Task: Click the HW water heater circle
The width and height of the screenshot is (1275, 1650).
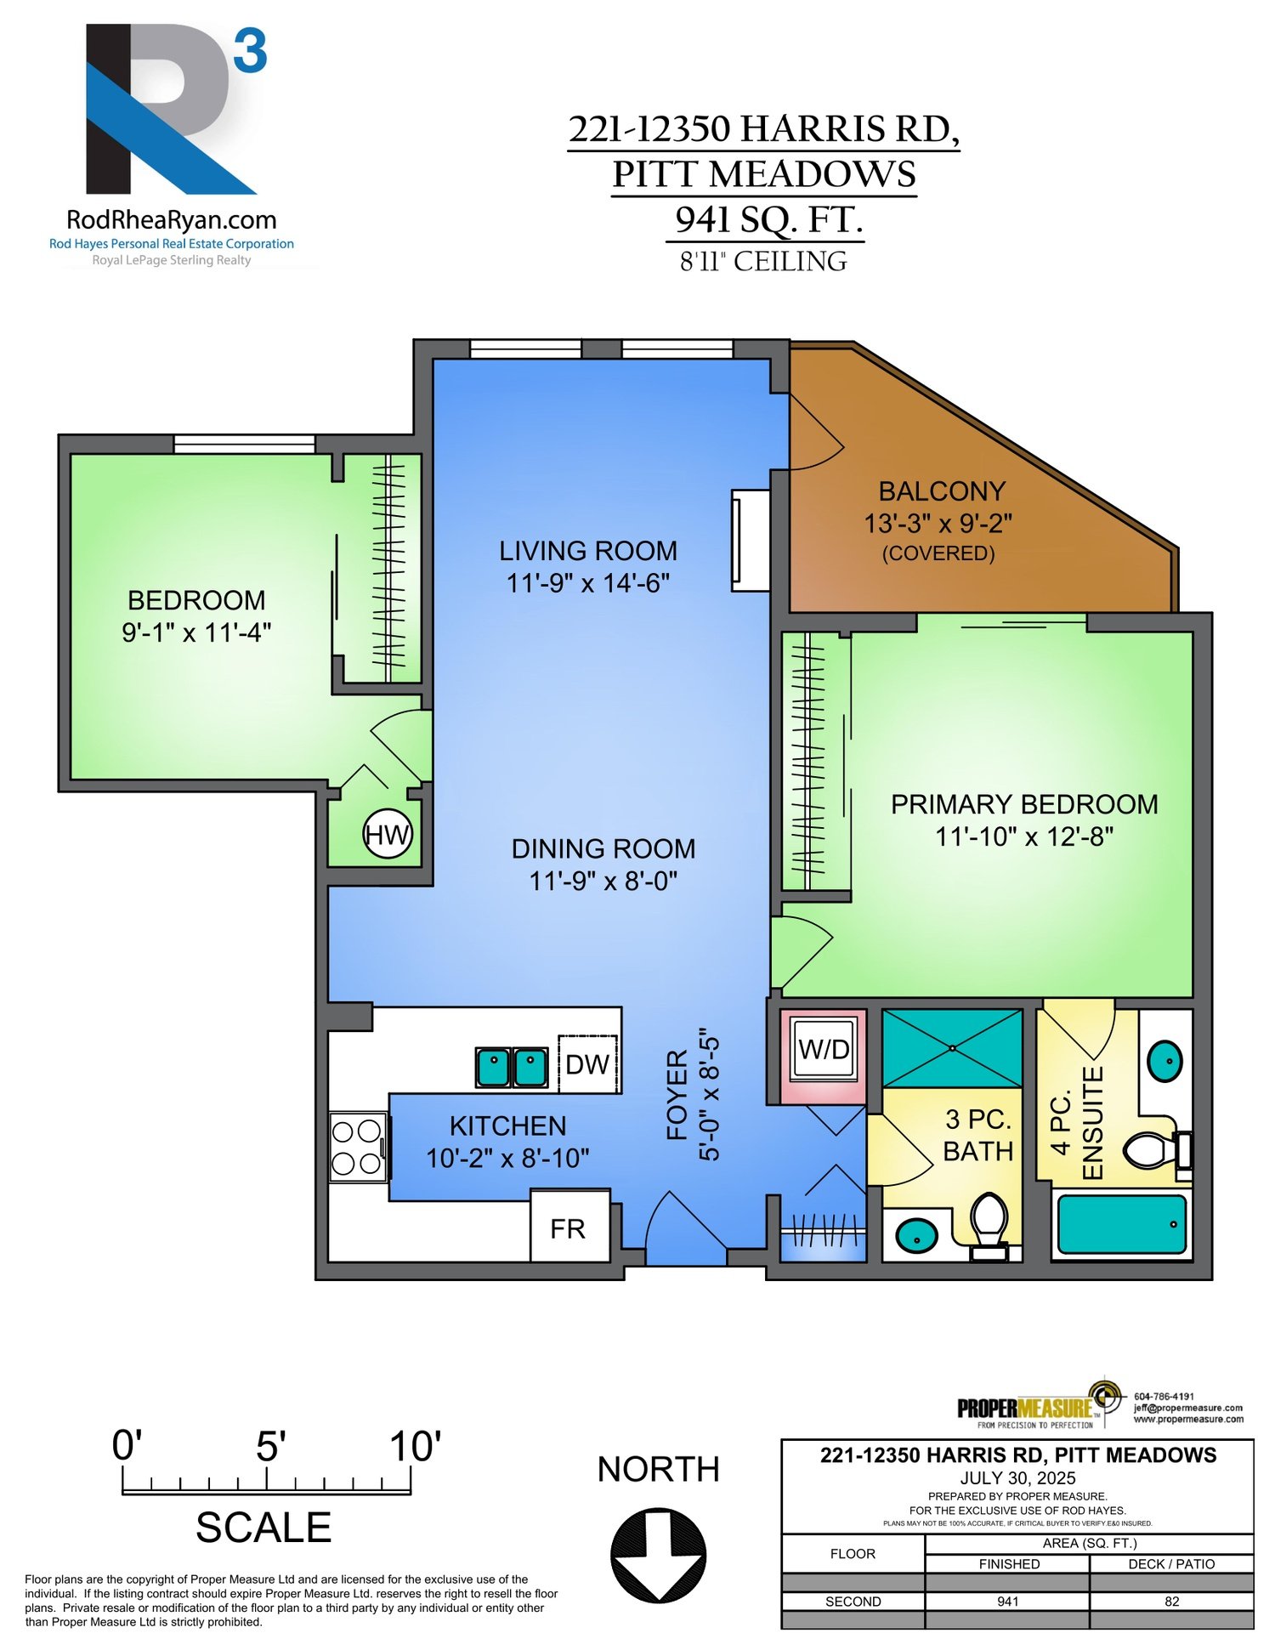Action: point(388,835)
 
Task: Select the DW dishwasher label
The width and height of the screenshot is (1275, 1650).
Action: point(587,1064)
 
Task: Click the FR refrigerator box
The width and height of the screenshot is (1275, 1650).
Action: point(569,1228)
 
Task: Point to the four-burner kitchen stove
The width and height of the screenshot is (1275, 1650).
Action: point(357,1147)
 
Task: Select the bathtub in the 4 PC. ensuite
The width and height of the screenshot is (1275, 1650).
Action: point(1121,1224)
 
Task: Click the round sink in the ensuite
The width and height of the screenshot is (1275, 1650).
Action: point(1164,1061)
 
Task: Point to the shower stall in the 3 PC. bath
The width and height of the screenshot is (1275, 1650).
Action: point(952,1048)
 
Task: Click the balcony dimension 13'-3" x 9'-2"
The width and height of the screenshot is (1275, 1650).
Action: point(938,523)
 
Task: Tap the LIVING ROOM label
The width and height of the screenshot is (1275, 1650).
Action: point(588,551)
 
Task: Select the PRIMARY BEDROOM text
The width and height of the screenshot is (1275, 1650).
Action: point(1023,804)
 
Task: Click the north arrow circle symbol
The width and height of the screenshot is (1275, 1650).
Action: point(658,1556)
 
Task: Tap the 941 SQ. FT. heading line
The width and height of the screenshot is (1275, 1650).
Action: point(768,219)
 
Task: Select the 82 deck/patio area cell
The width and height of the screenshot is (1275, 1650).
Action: point(1171,1602)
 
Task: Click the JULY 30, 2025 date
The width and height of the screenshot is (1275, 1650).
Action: point(1017,1478)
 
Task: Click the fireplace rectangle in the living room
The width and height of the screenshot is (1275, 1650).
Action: point(751,540)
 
